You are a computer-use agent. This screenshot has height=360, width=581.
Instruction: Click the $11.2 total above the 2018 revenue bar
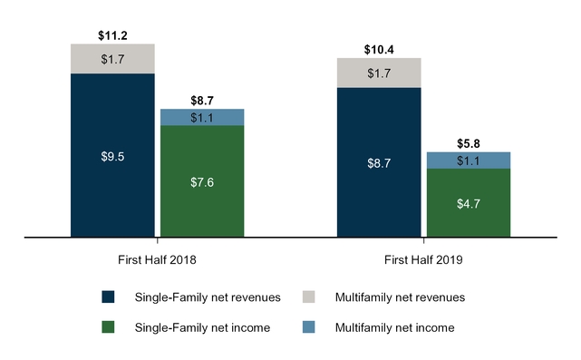tap(112, 35)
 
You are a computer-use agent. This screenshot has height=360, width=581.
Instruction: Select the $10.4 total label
tap(379, 49)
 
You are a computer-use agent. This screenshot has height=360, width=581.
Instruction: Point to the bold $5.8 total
tap(469, 143)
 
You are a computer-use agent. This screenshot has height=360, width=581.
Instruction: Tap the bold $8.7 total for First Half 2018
tap(202, 101)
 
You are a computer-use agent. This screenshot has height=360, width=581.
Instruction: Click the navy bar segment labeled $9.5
tap(112, 156)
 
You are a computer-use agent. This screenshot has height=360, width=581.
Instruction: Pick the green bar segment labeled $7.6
tap(202, 181)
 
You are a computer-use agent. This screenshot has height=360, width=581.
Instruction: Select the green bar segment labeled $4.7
tap(469, 203)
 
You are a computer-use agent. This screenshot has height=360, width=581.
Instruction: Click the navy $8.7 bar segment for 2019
tap(379, 163)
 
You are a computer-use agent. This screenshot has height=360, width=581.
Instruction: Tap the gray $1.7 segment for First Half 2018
tap(112, 59)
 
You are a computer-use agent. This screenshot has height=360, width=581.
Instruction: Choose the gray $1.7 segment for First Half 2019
tap(379, 73)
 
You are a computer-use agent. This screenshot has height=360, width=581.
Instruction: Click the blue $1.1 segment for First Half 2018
tap(202, 118)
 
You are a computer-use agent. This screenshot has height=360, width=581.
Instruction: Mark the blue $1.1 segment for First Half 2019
tap(469, 161)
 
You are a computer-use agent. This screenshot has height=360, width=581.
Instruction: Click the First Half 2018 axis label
tap(158, 259)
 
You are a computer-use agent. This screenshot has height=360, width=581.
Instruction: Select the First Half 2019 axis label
tap(424, 259)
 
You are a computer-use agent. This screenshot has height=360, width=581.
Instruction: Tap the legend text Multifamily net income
tap(394, 327)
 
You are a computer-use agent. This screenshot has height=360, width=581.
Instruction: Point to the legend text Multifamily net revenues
tap(401, 297)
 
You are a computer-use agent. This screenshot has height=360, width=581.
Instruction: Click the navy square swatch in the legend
tap(109, 297)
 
